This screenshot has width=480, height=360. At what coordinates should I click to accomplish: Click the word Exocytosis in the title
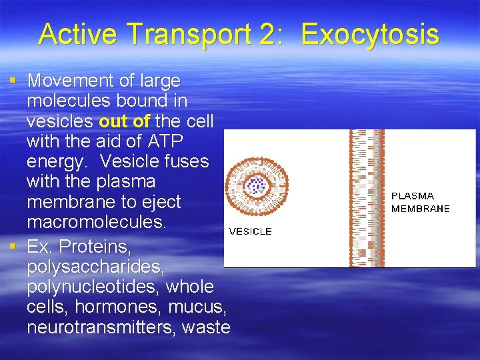coord(370,34)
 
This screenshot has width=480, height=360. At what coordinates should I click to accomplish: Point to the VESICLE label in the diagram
coord(250,231)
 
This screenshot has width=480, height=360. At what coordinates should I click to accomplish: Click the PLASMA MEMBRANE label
coord(420,202)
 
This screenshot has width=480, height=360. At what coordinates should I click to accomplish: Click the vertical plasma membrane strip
coord(367,198)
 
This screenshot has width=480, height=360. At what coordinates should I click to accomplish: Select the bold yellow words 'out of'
coord(124,121)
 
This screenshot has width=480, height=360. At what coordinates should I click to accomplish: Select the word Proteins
coord(95,247)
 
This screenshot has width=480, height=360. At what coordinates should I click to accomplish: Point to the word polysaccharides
coord(87,267)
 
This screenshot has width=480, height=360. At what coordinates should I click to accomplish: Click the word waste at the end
coord(207,327)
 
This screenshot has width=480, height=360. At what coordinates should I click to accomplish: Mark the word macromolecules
coord(96,222)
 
